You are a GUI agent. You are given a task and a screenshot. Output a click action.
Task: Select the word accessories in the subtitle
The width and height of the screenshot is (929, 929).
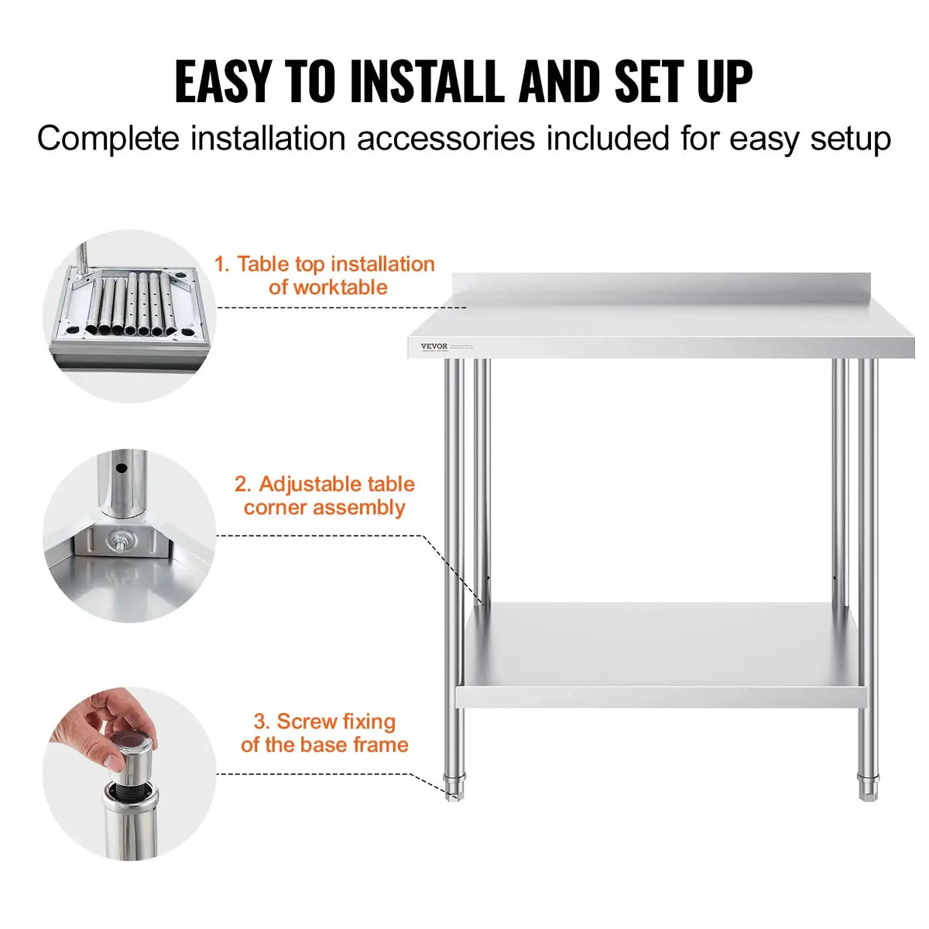[x=445, y=139]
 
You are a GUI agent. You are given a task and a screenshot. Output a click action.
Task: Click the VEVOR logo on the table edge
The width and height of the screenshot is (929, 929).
[x=434, y=346]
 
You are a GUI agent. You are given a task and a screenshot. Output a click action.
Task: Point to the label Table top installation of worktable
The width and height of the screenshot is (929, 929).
[x=325, y=276]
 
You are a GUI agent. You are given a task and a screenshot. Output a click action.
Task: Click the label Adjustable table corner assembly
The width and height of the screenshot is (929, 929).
[x=325, y=495]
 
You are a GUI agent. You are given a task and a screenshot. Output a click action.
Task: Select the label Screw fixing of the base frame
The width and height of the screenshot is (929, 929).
[x=325, y=733]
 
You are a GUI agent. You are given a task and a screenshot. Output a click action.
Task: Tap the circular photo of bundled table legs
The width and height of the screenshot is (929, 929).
[x=129, y=315]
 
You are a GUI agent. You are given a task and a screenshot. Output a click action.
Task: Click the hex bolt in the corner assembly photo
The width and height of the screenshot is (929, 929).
[x=122, y=540]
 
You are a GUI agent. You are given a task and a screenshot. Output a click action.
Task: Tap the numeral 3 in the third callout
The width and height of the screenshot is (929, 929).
[x=260, y=722]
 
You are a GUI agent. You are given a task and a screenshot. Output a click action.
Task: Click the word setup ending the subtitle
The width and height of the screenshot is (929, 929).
[x=850, y=139]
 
